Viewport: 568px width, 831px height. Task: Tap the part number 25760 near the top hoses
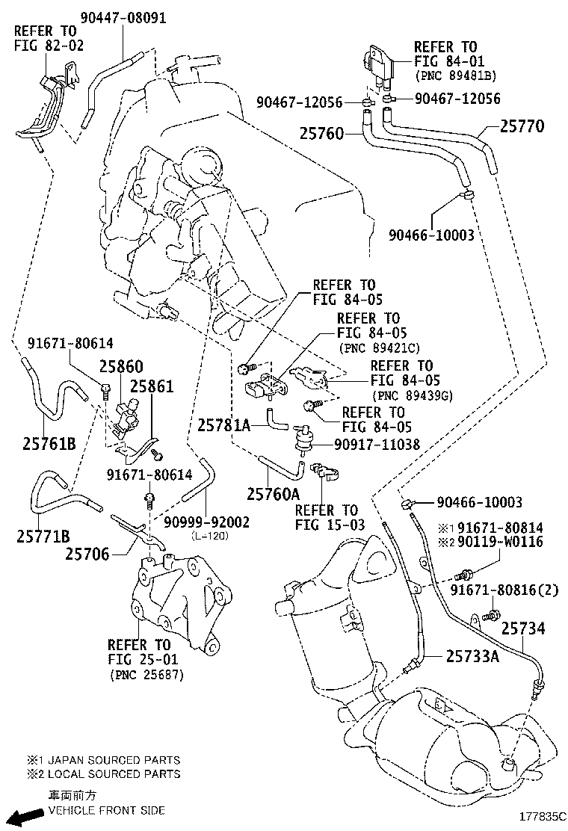[321, 134]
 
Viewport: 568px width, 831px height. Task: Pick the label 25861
[152, 386]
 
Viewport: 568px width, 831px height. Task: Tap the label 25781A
[223, 424]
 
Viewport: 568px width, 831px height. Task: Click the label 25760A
[273, 493]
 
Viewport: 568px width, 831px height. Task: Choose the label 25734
[522, 628]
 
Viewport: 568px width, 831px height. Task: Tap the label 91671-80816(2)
[504, 590]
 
